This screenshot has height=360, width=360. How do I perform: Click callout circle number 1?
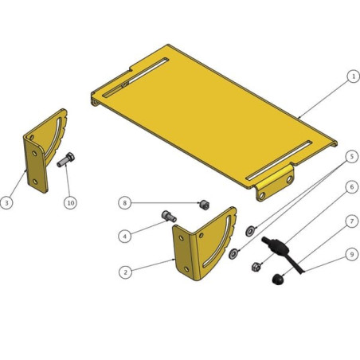(x=353, y=76)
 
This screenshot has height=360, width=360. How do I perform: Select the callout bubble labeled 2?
(x=125, y=272)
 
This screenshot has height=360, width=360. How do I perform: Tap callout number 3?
(x=6, y=203)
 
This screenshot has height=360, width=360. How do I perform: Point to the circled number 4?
(x=125, y=236)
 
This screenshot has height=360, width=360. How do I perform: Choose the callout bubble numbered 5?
(x=352, y=157)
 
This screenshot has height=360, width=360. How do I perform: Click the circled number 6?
(x=352, y=187)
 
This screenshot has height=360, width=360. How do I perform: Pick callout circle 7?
(x=352, y=221)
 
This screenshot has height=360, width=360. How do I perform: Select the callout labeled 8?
(x=125, y=203)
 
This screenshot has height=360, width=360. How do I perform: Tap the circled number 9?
(x=352, y=255)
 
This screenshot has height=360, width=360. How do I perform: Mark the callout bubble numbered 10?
(x=70, y=203)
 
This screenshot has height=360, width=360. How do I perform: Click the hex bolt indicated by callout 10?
(x=66, y=160)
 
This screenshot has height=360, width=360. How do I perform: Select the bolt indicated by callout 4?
(x=169, y=216)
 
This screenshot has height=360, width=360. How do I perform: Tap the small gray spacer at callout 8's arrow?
(x=205, y=205)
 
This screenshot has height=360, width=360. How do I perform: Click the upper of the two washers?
(x=250, y=231)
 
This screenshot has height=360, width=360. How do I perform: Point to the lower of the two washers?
(x=233, y=254)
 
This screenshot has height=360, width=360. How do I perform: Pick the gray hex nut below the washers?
(x=256, y=266)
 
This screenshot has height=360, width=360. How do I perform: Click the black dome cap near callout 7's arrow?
(x=278, y=280)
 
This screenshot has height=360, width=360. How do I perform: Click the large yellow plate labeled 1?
(x=213, y=117)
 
